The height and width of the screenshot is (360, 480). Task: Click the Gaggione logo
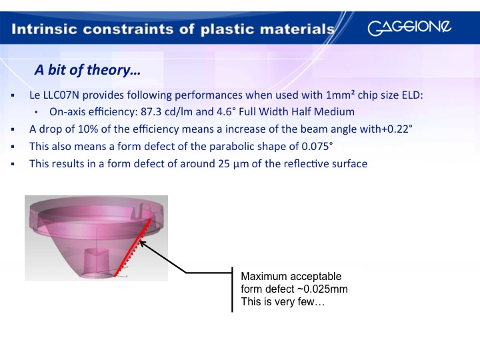[x=409, y=28]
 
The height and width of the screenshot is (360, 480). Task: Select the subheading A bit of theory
[x=87, y=70]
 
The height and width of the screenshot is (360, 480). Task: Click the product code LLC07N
[x=61, y=95]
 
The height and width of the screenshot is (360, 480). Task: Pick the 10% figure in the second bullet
[x=88, y=129]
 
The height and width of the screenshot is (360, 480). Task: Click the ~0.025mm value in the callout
[x=323, y=289]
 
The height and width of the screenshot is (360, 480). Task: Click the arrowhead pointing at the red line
[x=143, y=244]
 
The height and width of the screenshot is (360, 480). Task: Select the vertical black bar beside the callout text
[x=233, y=289]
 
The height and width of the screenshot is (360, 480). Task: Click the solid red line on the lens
[x=133, y=247]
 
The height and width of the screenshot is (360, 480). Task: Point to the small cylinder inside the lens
[x=96, y=261]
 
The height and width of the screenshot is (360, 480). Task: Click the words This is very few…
[x=283, y=302]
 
